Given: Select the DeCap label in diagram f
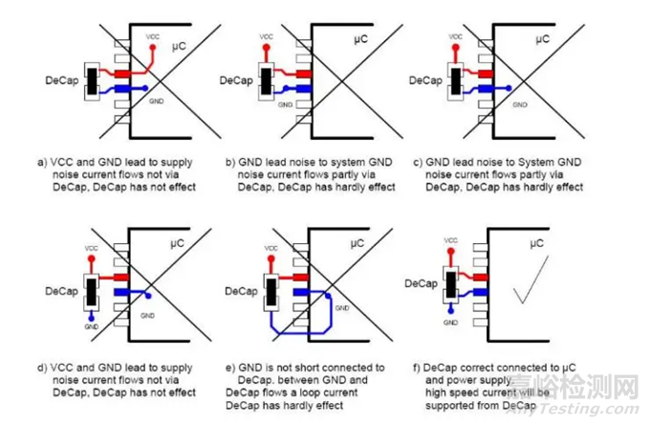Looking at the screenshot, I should point(422,283).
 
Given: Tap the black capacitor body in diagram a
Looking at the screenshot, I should point(93,79).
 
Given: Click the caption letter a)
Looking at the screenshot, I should point(42,161).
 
